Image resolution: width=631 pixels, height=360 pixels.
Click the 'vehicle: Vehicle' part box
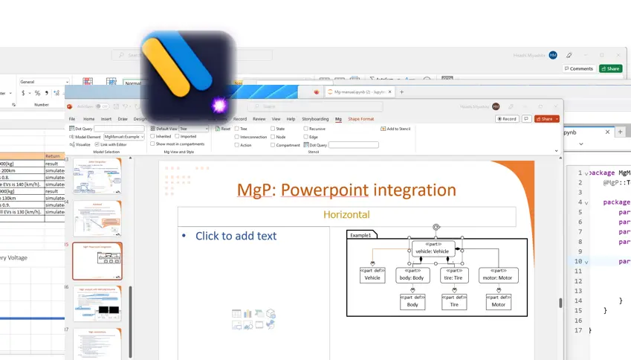[x=433, y=248]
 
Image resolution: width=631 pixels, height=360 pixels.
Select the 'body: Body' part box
[x=412, y=275]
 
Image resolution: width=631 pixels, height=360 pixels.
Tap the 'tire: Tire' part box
[x=454, y=275]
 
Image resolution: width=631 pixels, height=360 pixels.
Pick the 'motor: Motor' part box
[x=498, y=275]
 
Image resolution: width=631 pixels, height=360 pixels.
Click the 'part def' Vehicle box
[x=372, y=275]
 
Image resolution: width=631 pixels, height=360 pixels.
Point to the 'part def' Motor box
[x=498, y=301]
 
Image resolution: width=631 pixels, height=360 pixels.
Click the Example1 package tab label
[x=360, y=235]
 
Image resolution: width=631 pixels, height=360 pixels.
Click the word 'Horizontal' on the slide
[x=346, y=215]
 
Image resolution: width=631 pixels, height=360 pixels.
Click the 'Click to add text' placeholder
[x=236, y=236]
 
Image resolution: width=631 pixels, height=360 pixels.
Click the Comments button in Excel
[x=578, y=68]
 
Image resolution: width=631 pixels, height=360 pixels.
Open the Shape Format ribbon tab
[x=360, y=119]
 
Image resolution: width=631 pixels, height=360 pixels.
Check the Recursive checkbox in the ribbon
[x=305, y=129]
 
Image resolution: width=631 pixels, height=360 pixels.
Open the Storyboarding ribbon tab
[x=315, y=119]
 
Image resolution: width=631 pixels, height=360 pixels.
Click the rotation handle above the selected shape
[x=436, y=228]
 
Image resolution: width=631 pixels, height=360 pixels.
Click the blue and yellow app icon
[x=189, y=76]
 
